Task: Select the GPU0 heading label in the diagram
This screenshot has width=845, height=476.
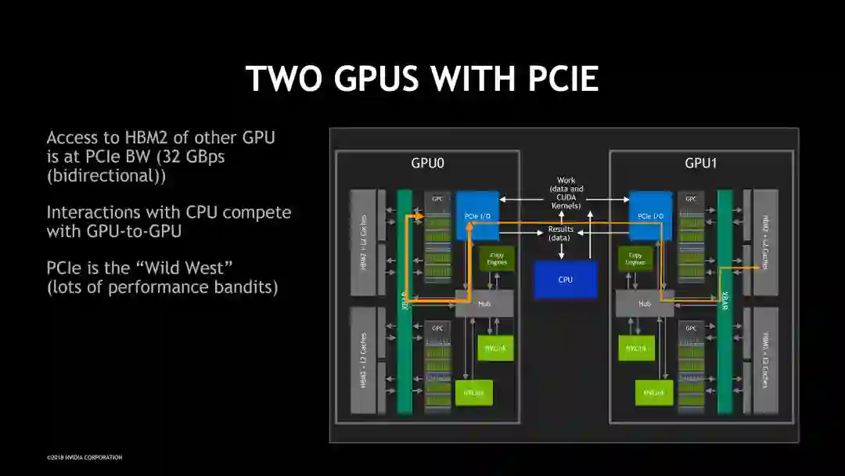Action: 428,164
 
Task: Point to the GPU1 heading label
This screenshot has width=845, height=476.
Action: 701,164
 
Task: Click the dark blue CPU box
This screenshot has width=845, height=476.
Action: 565,279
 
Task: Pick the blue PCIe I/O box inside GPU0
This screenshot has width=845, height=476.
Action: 477,215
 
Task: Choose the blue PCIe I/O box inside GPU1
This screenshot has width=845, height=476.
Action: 651,215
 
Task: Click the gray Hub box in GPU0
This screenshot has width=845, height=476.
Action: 484,303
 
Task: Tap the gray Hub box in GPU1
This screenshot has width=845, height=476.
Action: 645,303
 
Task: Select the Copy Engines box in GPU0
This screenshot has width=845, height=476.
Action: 496,259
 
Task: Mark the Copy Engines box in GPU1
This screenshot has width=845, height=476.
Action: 635,259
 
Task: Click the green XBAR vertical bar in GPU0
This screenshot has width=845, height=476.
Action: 405,301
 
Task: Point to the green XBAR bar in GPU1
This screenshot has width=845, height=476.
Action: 725,301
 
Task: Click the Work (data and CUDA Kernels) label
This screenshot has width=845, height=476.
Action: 565,193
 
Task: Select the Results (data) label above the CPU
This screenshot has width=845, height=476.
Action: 560,233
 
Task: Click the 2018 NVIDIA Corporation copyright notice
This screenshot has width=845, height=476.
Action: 84,457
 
